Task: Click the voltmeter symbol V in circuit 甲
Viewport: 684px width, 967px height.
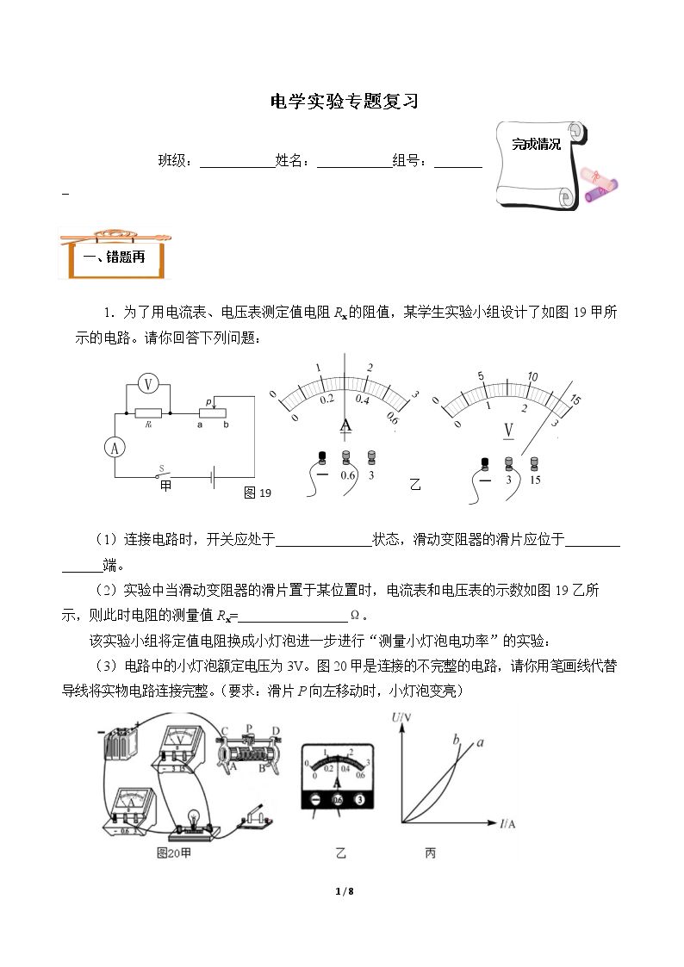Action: coord(148,385)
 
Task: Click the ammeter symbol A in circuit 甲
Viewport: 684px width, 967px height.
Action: coord(115,449)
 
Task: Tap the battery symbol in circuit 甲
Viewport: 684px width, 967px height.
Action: coord(213,477)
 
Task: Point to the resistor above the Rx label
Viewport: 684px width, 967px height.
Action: coord(148,412)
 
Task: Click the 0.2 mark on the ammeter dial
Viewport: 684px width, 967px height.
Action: coord(326,400)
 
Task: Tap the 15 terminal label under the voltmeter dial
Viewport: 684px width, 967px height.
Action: coord(535,480)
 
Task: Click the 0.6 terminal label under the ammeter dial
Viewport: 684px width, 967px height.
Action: coord(348,475)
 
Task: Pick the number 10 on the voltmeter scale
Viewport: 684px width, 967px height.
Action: coord(532,376)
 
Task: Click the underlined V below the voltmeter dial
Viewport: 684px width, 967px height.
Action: coord(508,431)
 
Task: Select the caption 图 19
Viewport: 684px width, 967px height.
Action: coord(258,493)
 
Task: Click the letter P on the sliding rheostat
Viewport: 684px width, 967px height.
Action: coord(250,728)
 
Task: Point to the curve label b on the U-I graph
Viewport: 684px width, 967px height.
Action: coord(457,740)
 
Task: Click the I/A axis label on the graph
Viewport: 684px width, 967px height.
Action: coord(507,823)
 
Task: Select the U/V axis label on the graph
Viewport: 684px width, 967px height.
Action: coord(401,717)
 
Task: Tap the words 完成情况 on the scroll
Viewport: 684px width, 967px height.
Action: coord(536,145)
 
